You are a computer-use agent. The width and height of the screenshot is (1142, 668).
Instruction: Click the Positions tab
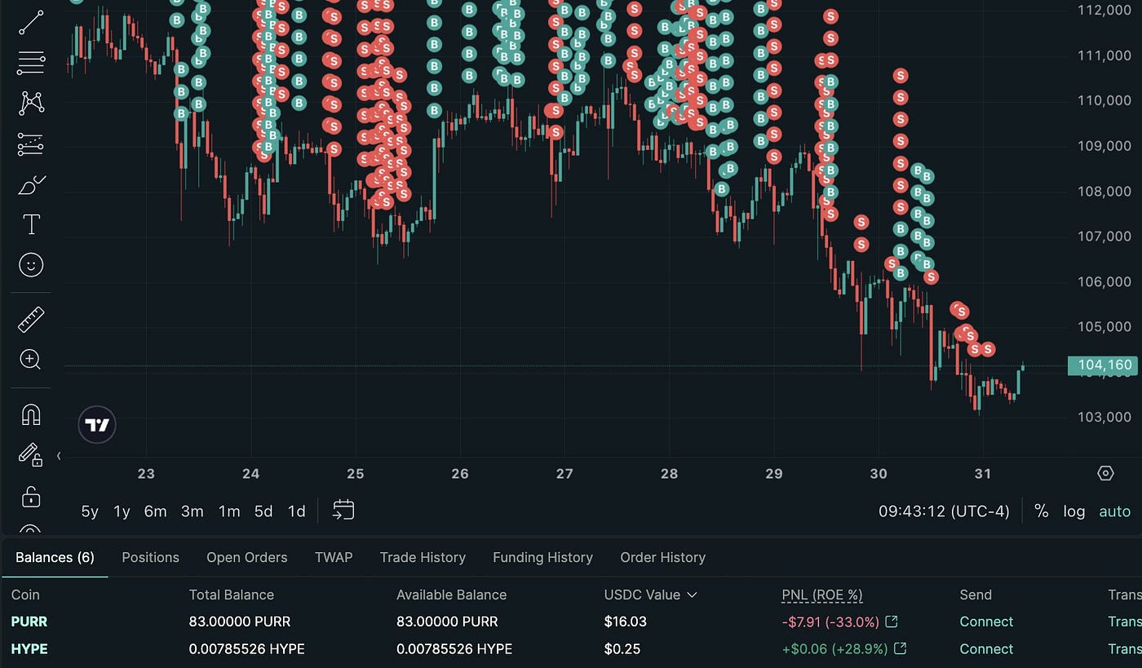pos(150,557)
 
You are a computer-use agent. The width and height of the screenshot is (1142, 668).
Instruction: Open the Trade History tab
pos(423,557)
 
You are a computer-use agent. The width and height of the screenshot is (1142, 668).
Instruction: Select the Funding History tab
pos(542,557)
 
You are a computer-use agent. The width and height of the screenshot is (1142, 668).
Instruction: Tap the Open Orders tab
pos(246,557)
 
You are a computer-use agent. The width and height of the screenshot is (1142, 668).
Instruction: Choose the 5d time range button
pos(263,511)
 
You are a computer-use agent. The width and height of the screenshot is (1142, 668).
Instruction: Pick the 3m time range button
pos(192,511)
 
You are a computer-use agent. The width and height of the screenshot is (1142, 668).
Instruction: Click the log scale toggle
pos(1073,511)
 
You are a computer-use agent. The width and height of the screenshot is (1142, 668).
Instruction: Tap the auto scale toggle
pos(1114,511)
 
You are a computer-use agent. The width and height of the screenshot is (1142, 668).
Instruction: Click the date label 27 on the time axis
pos(564,474)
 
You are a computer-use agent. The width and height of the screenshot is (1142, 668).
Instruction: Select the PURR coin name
pos(29,622)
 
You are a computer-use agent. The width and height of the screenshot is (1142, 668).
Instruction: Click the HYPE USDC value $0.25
pos(622,649)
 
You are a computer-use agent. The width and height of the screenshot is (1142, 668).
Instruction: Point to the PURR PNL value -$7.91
pos(830,622)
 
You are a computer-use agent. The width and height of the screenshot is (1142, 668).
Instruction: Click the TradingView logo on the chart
pos(97,425)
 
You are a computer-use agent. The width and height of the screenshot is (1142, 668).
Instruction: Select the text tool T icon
pos(31,224)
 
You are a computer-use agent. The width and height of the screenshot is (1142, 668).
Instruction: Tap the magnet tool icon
pos(31,414)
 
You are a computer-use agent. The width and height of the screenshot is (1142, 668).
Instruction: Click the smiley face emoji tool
pos(31,265)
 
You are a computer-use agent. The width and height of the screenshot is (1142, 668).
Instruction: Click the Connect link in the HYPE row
pos(985,649)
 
